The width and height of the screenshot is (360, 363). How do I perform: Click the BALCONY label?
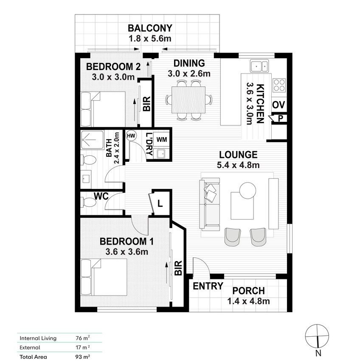[150, 28]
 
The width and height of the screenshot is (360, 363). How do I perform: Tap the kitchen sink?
[259, 66]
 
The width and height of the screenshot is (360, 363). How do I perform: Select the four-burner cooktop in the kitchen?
[279, 85]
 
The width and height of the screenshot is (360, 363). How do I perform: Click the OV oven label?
[278, 105]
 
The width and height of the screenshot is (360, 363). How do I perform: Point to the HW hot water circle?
[131, 136]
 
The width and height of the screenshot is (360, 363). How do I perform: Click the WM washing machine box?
[161, 139]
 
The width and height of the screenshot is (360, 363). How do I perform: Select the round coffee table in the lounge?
[247, 190]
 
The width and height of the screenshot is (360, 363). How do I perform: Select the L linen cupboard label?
[160, 203]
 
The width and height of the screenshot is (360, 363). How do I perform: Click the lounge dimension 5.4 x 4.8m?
[238, 165]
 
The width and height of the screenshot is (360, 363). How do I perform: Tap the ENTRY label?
[208, 286]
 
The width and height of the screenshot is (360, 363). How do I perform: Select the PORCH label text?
[248, 291]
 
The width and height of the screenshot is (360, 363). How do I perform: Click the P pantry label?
[280, 119]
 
